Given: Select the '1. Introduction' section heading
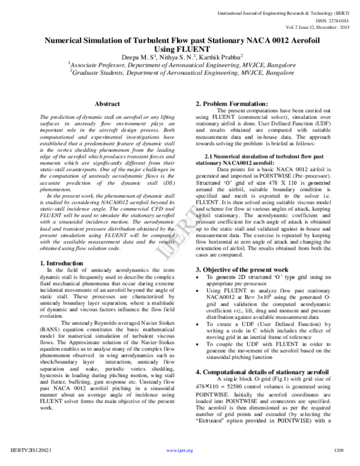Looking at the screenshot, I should point(61,263).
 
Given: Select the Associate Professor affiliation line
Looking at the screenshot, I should point(180,65).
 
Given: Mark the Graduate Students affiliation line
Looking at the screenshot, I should point(180,73).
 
